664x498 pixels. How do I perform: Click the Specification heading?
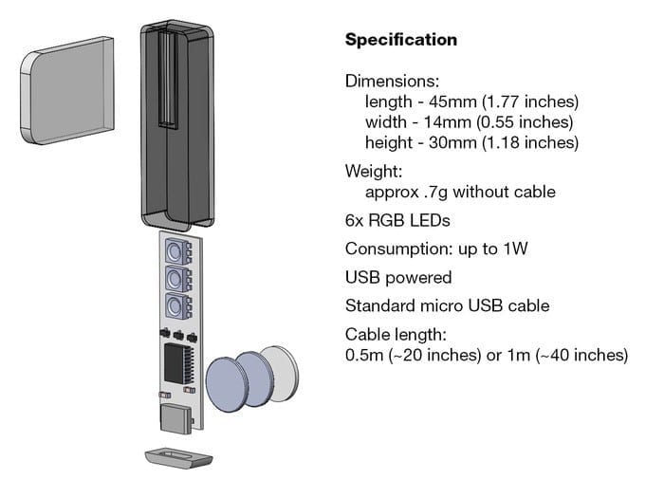(x=401, y=40)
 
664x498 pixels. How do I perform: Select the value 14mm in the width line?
(x=448, y=122)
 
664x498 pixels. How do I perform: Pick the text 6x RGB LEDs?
(x=397, y=221)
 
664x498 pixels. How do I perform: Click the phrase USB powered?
(x=398, y=278)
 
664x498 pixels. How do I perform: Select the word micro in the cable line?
(x=442, y=305)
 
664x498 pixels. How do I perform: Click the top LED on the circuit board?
(x=178, y=251)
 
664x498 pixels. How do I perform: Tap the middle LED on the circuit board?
(x=178, y=279)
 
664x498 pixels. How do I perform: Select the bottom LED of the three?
(x=178, y=305)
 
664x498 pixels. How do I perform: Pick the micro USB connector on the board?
(x=175, y=418)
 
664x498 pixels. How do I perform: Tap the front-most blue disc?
(x=226, y=384)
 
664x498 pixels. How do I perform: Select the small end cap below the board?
(x=178, y=458)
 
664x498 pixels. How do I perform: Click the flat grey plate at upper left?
(x=67, y=91)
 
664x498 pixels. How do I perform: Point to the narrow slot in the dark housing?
(x=168, y=80)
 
